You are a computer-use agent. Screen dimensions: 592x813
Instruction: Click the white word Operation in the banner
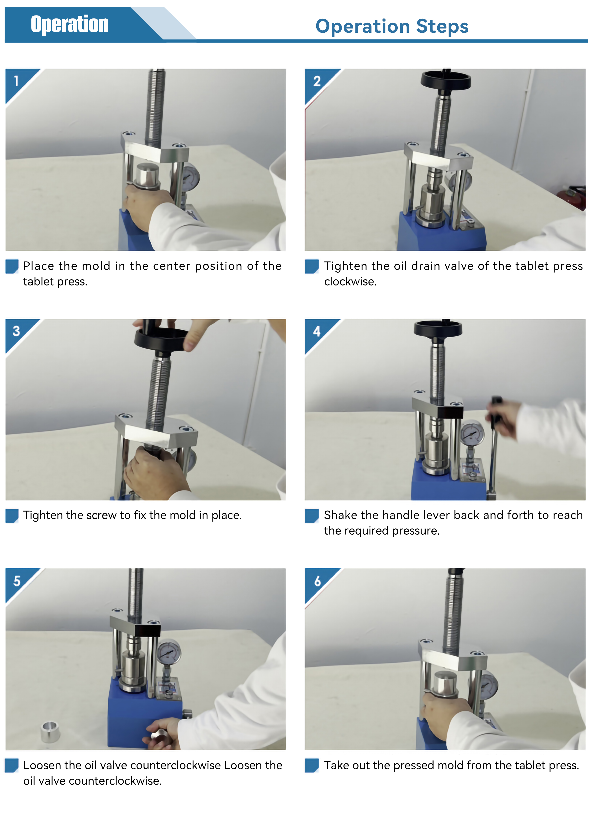[x=69, y=24]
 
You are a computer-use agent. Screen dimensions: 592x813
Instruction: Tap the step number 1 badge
[x=16, y=81]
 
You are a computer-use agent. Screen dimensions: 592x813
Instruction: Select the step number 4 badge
[x=317, y=331]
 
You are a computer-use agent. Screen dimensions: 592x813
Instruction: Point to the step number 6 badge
[x=317, y=581]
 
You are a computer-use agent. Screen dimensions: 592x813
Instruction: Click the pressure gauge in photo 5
[x=169, y=651]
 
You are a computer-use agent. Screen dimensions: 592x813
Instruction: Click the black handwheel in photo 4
[x=438, y=329]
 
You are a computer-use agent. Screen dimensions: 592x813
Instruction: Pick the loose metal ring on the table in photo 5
[x=51, y=732]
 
